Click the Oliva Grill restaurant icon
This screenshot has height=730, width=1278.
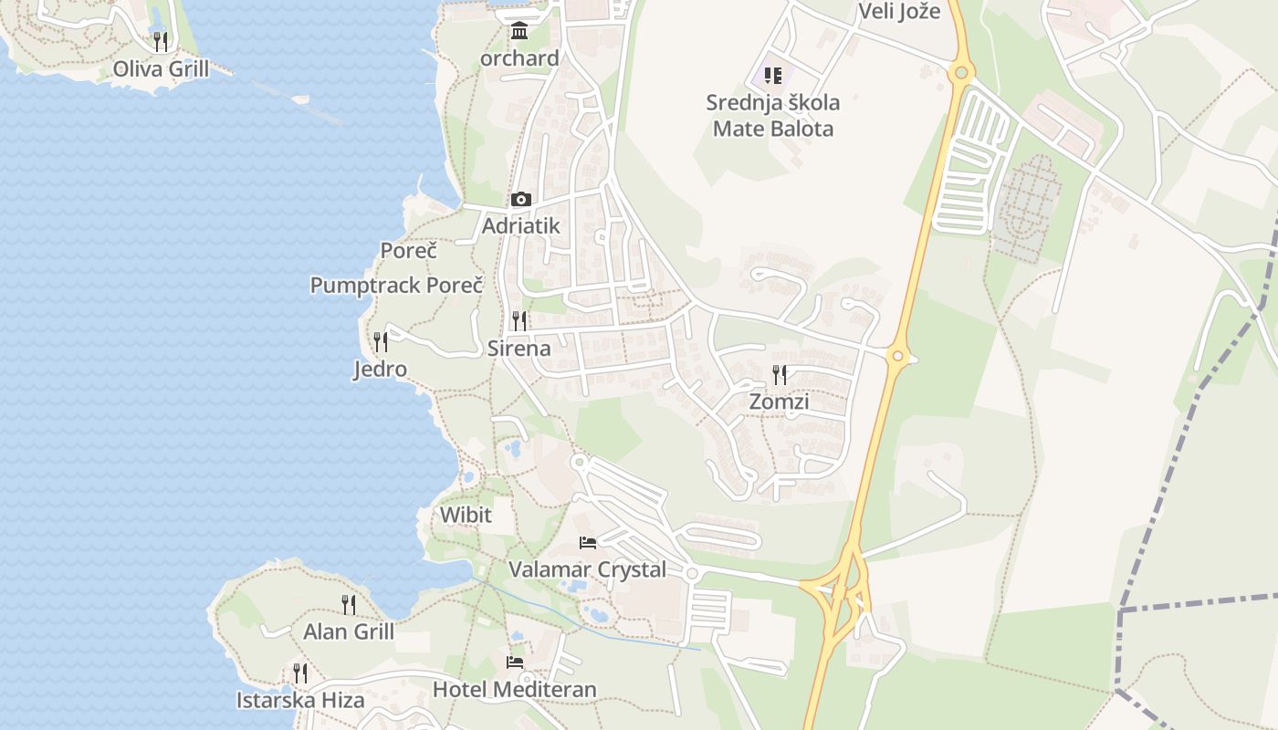pos(161,41)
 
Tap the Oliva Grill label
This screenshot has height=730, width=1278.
pos(161,68)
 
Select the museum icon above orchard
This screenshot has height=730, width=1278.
pos(519,31)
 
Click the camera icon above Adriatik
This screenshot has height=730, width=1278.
pos(520,199)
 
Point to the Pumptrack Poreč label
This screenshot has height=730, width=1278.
pos(396,285)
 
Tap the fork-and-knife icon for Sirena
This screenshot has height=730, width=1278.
pos(519,320)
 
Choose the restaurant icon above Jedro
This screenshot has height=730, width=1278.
pos(381,342)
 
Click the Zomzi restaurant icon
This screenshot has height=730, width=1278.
pos(779,374)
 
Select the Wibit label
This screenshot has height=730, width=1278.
pos(466,515)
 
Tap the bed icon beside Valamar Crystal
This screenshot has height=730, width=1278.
pos(588,543)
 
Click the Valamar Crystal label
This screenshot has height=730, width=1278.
pos(587,569)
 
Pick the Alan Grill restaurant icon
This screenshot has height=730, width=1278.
pos(349,604)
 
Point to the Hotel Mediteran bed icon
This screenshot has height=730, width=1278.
pos(515,662)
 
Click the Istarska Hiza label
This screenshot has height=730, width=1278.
pos(300,701)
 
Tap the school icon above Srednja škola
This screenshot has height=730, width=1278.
pos(773,75)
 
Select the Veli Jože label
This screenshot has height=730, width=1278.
pos(899,12)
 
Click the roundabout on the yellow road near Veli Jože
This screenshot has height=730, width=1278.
pos(960,71)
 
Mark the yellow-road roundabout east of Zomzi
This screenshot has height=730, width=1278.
pos(898,356)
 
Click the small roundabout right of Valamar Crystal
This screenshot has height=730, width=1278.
pos(692,574)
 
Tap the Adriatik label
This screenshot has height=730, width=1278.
pos(520,225)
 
